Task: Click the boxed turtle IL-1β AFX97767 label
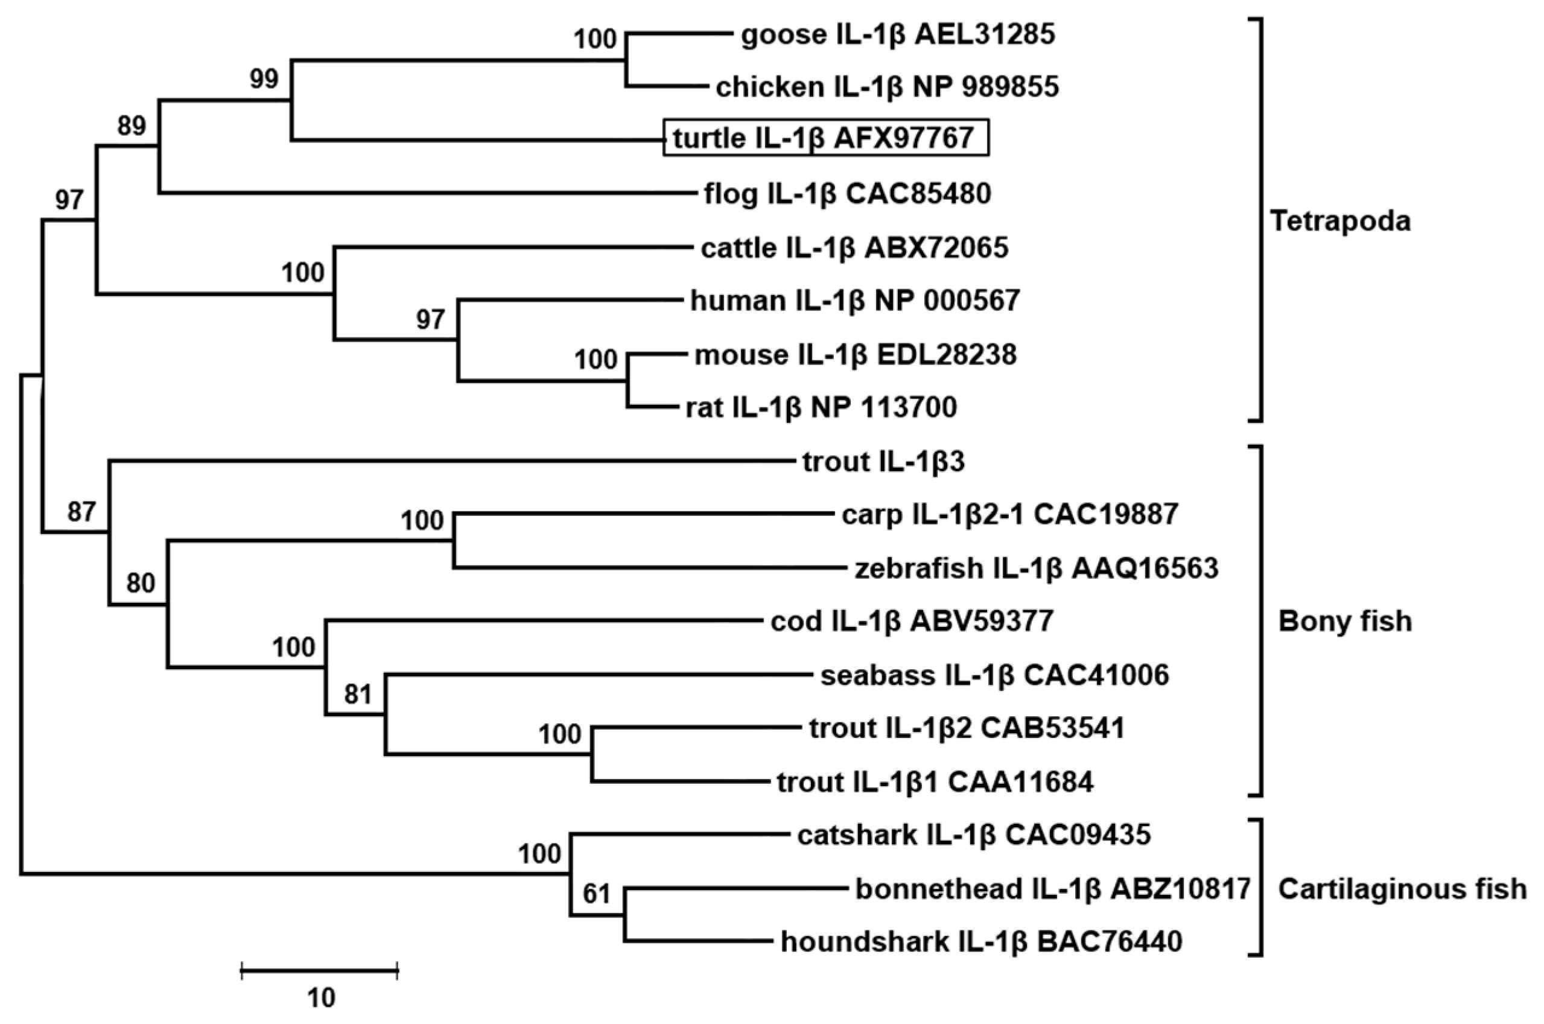click(x=825, y=138)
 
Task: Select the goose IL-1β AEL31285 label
click(x=898, y=34)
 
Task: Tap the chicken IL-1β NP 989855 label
click(x=886, y=87)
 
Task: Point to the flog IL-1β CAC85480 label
click(x=847, y=193)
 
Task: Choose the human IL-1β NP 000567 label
click(x=854, y=301)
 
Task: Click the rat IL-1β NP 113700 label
click(x=821, y=407)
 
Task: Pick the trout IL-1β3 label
click(x=883, y=462)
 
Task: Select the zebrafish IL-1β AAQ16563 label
click(x=1036, y=568)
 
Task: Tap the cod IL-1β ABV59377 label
click(x=912, y=621)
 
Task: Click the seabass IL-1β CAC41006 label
click(x=994, y=675)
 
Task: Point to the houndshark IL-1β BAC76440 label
click(x=981, y=942)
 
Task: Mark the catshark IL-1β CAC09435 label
click(x=973, y=835)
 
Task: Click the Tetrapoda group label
click(x=1339, y=221)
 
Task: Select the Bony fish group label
click(x=1345, y=621)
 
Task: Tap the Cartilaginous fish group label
click(x=1402, y=889)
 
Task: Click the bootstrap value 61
click(x=596, y=892)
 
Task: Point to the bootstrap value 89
click(x=132, y=126)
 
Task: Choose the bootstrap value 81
click(x=358, y=694)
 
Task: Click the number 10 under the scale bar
click(x=320, y=997)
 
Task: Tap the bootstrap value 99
click(x=264, y=79)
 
